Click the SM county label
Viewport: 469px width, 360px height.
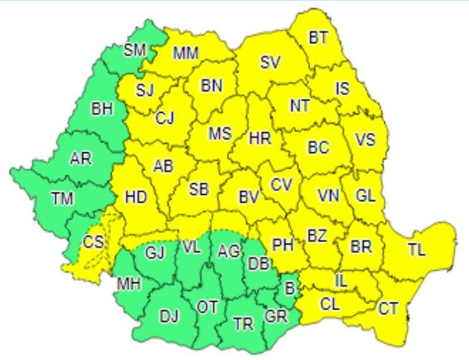pos(134,50)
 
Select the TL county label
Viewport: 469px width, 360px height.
pos(417,250)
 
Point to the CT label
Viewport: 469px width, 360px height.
pos(388,309)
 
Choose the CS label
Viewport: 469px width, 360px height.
pos(93,241)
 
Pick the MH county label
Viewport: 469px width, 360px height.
pos(129,283)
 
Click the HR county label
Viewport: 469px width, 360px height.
pos(259,137)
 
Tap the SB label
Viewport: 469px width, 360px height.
pos(199,190)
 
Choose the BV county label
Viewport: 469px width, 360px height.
pos(249,195)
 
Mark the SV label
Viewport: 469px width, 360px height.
pos(270,63)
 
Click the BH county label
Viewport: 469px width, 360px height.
pos(102,109)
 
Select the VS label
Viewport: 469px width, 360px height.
pos(365,140)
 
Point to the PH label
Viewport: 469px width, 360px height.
pos(283,244)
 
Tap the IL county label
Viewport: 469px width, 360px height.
pos(340,281)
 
